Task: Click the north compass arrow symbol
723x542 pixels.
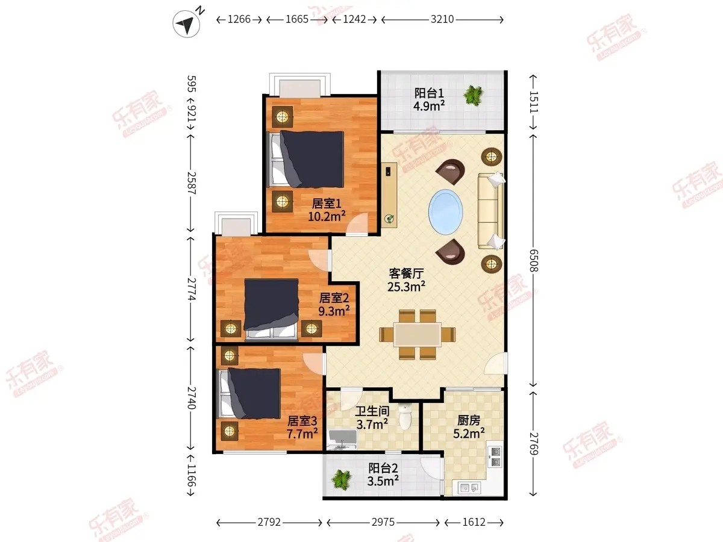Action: point(186,23)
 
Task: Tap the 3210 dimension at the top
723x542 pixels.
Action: point(442,19)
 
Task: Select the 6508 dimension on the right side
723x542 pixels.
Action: point(534,260)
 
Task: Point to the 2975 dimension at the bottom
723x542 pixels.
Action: point(383,522)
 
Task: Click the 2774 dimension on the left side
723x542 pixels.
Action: point(192,289)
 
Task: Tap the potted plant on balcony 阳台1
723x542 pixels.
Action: point(473,95)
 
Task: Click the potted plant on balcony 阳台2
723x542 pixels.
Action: point(341,479)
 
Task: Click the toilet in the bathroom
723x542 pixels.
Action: point(405,417)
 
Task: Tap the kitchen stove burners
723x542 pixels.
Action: point(495,456)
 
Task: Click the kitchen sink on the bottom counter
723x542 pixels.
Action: point(469,487)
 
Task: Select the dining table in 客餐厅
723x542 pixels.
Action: point(418,334)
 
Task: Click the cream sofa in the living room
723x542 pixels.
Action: point(490,211)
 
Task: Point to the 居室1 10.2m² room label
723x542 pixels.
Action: point(327,210)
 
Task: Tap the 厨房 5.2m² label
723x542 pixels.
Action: point(469,426)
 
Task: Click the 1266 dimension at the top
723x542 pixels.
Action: point(239,19)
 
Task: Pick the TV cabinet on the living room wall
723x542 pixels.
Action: point(389,195)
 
